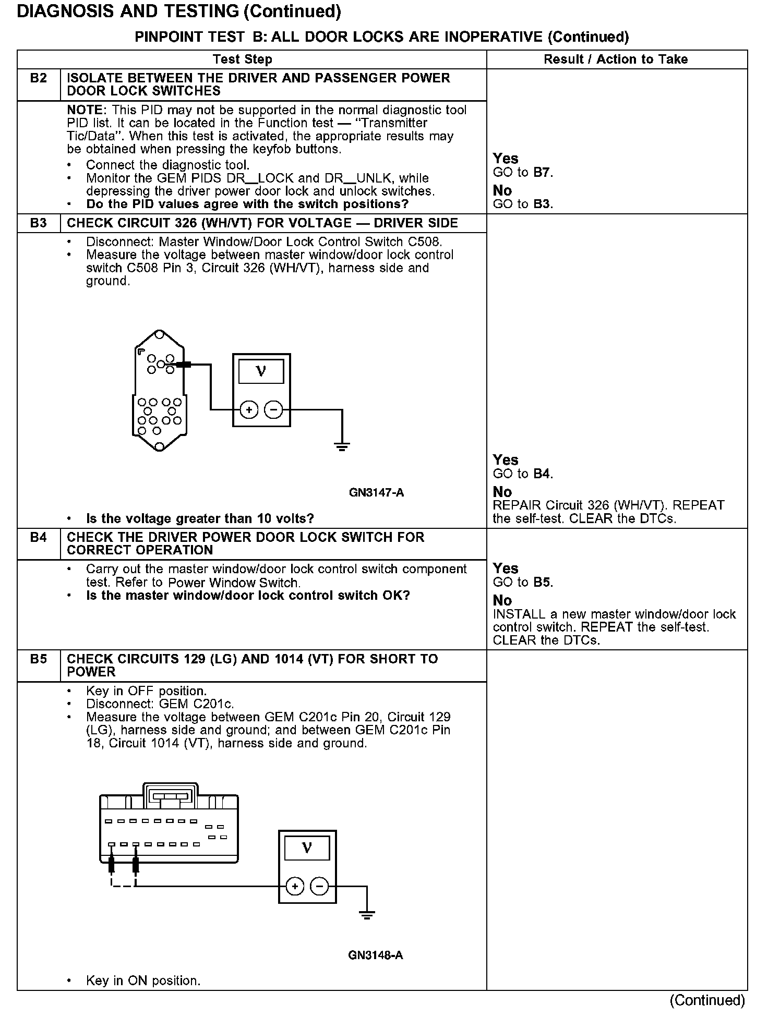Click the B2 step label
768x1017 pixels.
pyautogui.click(x=38, y=78)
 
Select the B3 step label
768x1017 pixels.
pyautogui.click(x=38, y=223)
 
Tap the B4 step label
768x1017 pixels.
pyautogui.click(x=38, y=537)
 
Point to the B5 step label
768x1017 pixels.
pyautogui.click(x=38, y=659)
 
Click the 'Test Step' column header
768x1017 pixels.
pyautogui.click(x=243, y=59)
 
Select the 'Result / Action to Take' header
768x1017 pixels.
pyautogui.click(x=616, y=59)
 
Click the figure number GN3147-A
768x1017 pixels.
pyautogui.click(x=376, y=492)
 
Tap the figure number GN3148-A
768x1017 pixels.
pyautogui.click(x=376, y=955)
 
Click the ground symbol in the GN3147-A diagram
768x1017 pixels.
pyautogui.click(x=342, y=446)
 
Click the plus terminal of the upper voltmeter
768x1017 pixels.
pyautogui.click(x=249, y=410)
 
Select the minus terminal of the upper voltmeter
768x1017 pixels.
pyautogui.click(x=273, y=410)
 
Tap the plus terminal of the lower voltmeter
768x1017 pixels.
pyautogui.click(x=295, y=886)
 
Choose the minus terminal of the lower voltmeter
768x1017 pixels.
pyautogui.click(x=319, y=886)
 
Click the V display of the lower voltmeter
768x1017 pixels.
pyautogui.click(x=307, y=849)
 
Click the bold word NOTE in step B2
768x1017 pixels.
pyautogui.click(x=86, y=110)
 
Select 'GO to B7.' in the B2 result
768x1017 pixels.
pyautogui.click(x=523, y=173)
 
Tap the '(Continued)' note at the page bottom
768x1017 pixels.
pyautogui.click(x=707, y=1000)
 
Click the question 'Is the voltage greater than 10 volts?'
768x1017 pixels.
pyautogui.click(x=200, y=519)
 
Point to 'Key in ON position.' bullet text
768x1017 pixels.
pyautogui.click(x=143, y=981)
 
